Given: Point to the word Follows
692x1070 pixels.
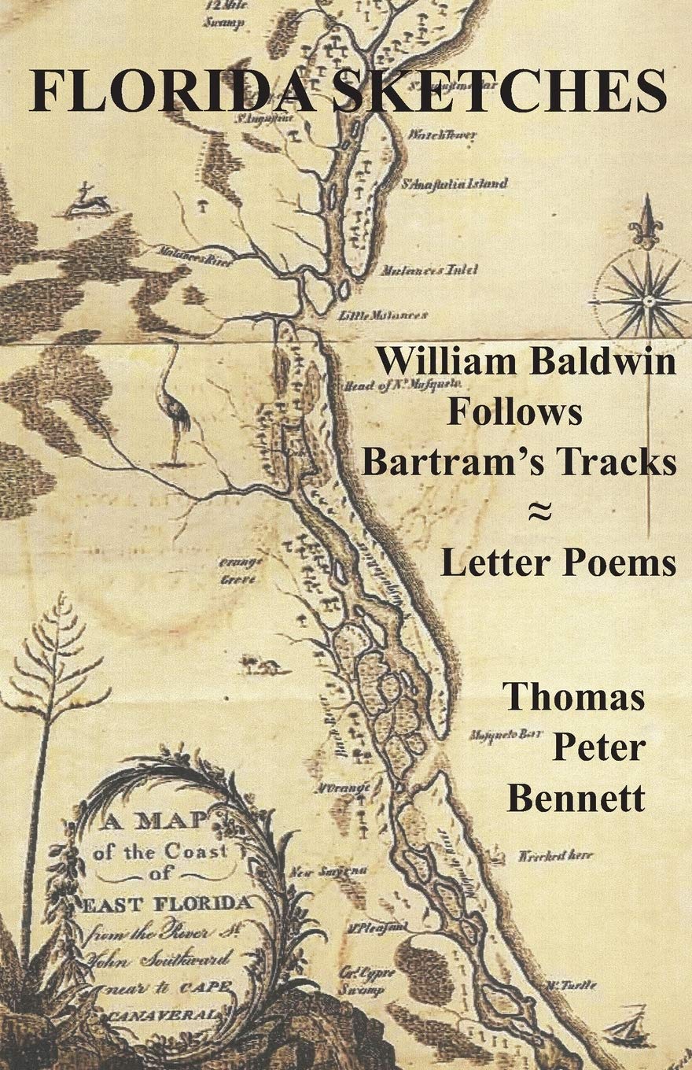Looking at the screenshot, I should [515, 411].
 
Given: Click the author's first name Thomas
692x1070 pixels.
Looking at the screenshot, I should [574, 696].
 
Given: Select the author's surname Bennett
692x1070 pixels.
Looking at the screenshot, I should [576, 799].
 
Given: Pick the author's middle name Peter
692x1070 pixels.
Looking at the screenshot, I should [598, 747].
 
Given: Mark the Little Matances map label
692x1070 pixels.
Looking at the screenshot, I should [383, 315].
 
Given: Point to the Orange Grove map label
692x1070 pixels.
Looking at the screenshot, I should [240, 569].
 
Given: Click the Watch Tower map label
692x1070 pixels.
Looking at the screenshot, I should [442, 135].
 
